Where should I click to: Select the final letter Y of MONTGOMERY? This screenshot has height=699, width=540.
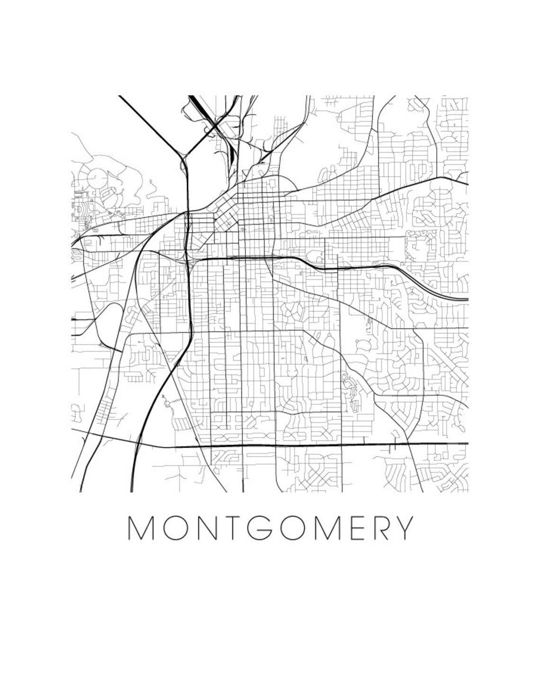pos(403,528)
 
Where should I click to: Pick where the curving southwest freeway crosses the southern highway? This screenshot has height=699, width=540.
pos(138,445)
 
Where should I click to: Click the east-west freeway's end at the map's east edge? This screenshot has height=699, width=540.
pos(467,300)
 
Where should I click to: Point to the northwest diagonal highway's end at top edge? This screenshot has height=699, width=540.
pos(120,97)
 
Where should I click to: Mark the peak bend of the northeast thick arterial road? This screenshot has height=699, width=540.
pos(443,178)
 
